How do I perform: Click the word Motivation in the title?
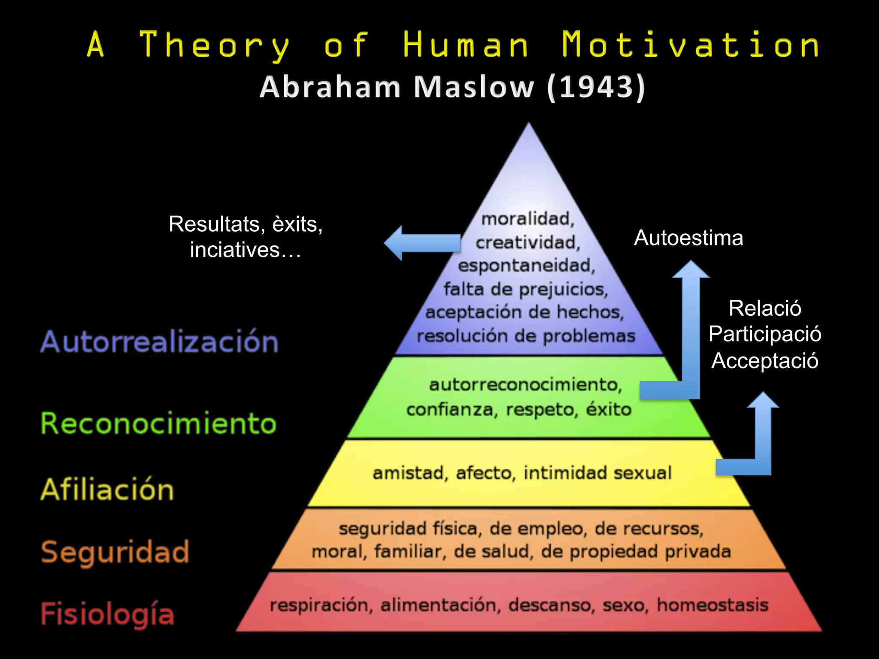pyautogui.click(x=690, y=45)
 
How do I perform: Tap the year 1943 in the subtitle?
pyautogui.click(x=596, y=87)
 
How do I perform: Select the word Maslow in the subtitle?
pyautogui.click(x=473, y=87)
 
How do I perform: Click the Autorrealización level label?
pyautogui.click(x=159, y=342)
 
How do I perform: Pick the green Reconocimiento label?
pyautogui.click(x=158, y=423)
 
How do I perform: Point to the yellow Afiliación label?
pyautogui.click(x=107, y=490)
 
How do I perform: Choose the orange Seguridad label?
pyautogui.click(x=115, y=552)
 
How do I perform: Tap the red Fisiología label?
pyautogui.click(x=107, y=614)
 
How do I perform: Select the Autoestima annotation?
pyautogui.click(x=688, y=238)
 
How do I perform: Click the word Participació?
pyautogui.click(x=765, y=334)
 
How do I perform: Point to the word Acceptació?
pyautogui.click(x=765, y=360)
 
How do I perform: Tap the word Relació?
pyautogui.click(x=765, y=308)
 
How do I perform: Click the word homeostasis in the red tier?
pyautogui.click(x=712, y=605)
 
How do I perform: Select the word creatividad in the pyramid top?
pyautogui.click(x=527, y=243)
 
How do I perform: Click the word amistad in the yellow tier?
pyautogui.click(x=408, y=473)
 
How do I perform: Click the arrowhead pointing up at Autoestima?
pyautogui.click(x=691, y=269)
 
